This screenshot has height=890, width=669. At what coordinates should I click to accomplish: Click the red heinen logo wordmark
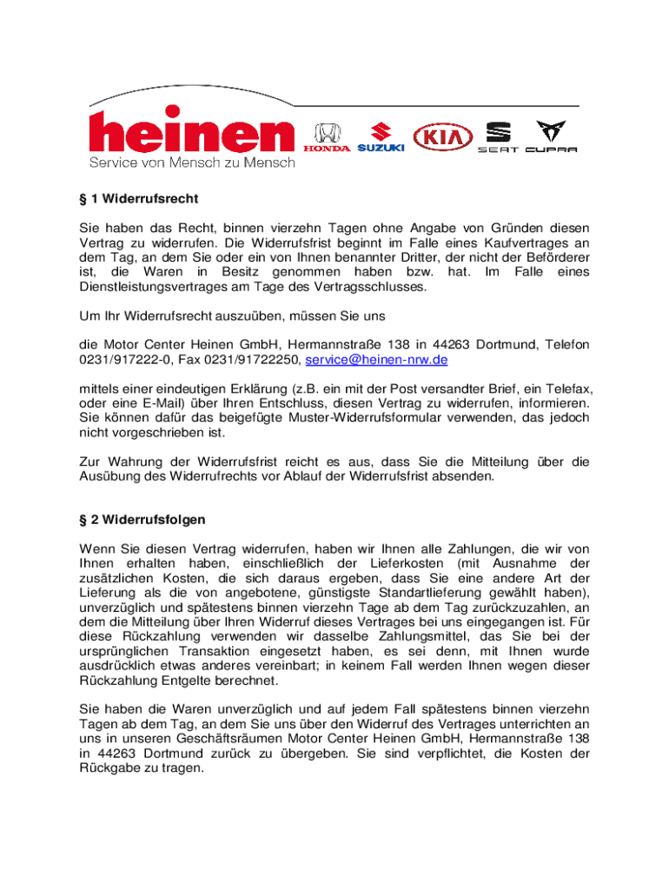coord(191,134)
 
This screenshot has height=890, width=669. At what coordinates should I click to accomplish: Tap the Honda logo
coord(327,139)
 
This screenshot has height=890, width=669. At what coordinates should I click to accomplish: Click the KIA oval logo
coord(443,137)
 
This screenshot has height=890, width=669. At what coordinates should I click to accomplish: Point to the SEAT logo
coord(499,138)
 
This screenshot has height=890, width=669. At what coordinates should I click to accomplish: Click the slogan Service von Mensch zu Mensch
coord(192,163)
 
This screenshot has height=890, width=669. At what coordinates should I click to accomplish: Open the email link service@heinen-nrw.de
coord(376,359)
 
